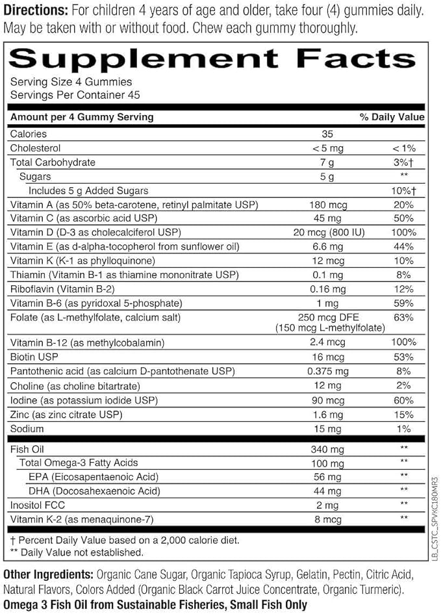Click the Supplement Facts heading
tap(212, 58)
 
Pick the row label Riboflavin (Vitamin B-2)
tap(63, 289)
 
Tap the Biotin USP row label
tap(32, 357)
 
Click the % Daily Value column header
tap(392, 117)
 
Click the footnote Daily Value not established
tap(76, 552)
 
